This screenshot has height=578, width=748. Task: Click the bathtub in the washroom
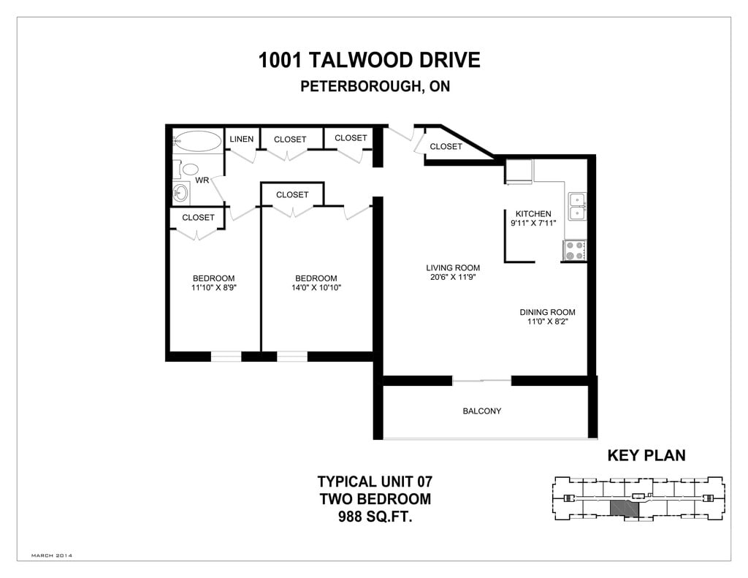196,140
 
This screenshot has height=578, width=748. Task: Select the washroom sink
180,194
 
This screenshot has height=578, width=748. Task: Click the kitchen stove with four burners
575,251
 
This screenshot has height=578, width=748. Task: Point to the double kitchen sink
577,205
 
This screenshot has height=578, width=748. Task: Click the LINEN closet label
241,139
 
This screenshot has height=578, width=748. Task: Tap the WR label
202,180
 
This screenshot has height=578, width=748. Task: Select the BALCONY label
482,411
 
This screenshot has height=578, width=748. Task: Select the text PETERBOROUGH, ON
375,86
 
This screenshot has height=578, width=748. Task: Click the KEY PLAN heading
646,456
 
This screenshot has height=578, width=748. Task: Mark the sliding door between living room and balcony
481,381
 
